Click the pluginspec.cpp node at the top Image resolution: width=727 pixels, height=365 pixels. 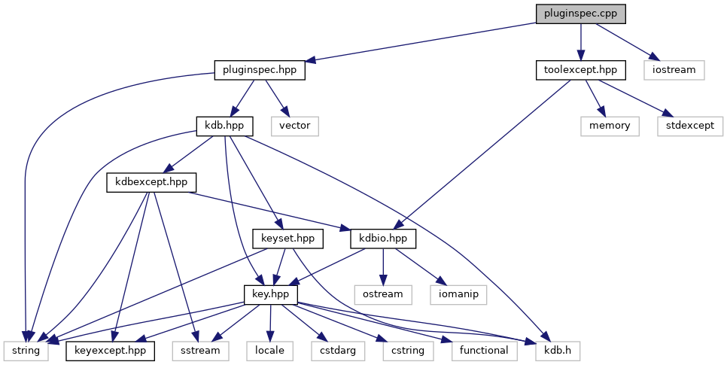[x=580, y=14]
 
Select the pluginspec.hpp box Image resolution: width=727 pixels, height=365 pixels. [x=260, y=70]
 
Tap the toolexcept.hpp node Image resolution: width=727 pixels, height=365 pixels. [x=580, y=70]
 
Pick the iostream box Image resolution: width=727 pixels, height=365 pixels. [x=674, y=70]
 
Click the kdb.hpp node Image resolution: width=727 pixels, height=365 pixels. [x=224, y=126]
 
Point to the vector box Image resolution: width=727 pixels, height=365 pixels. [x=295, y=126]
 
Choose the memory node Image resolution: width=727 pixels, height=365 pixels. [x=610, y=126]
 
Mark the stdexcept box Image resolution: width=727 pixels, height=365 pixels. [x=689, y=126]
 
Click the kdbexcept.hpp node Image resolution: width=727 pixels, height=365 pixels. [x=151, y=182]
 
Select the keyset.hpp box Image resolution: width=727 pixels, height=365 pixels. [x=287, y=238]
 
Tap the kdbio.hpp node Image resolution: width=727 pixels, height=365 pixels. [x=384, y=238]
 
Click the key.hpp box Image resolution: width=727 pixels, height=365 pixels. [x=271, y=294]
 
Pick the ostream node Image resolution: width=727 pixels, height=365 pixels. [x=383, y=294]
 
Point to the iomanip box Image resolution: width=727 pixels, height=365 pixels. [x=458, y=294]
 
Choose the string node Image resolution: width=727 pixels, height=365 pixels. [x=26, y=350]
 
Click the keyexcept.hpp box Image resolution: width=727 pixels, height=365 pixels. [x=111, y=350]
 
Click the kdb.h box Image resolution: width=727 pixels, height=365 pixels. [x=557, y=350]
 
